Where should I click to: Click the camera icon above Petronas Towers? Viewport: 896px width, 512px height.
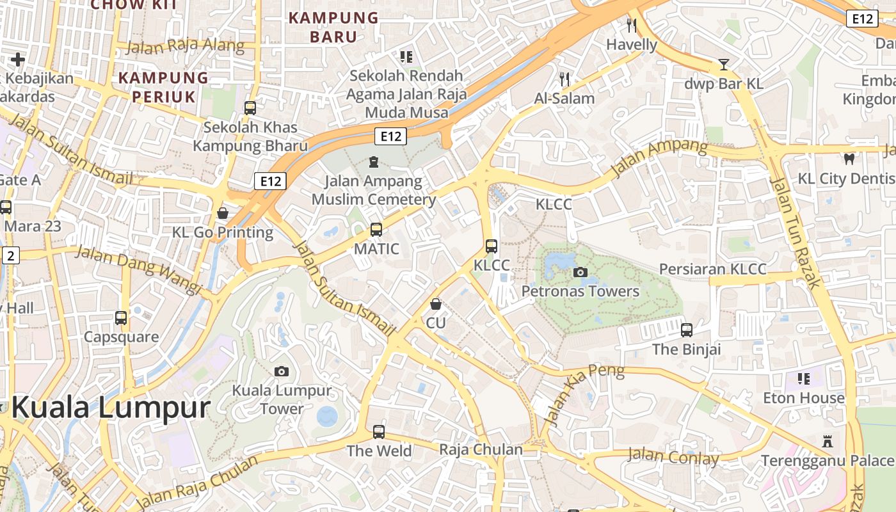click(x=580, y=273)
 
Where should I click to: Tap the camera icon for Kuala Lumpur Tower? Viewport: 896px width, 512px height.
click(x=281, y=371)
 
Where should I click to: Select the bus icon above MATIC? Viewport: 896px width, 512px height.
click(x=376, y=229)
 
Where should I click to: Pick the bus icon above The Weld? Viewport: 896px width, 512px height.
click(x=379, y=431)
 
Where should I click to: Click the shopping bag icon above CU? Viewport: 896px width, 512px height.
click(x=436, y=303)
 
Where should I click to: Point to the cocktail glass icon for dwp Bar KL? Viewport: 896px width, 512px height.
click(x=723, y=64)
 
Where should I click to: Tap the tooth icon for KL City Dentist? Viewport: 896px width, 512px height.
click(x=849, y=159)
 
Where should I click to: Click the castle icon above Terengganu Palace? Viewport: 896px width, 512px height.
click(x=828, y=441)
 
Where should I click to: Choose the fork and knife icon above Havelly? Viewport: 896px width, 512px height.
click(x=632, y=25)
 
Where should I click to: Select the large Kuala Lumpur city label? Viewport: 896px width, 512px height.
click(x=111, y=408)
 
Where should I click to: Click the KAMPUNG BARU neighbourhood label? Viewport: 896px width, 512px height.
click(x=333, y=27)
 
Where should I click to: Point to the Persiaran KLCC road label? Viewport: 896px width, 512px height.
click(x=712, y=269)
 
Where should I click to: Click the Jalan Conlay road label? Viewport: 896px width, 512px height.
click(x=673, y=456)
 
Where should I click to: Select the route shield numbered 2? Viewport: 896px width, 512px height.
click(x=10, y=256)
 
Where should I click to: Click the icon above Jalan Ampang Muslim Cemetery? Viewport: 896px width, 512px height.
click(x=374, y=162)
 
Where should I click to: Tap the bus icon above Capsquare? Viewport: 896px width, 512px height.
click(x=121, y=317)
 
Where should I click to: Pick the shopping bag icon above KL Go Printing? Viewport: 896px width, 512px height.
click(x=223, y=212)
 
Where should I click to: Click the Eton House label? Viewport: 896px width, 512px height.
click(x=803, y=398)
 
